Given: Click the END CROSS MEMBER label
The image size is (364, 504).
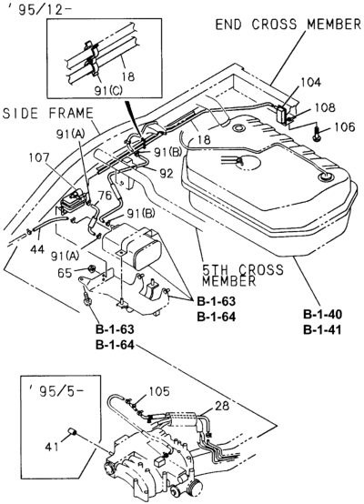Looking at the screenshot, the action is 288,25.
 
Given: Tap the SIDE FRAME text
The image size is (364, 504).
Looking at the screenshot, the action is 48,114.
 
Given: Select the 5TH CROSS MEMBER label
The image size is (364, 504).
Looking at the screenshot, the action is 243,275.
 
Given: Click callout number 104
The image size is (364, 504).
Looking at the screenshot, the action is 310,82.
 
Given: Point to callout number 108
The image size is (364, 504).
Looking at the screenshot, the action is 325,107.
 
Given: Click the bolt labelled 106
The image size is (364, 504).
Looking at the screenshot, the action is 317,133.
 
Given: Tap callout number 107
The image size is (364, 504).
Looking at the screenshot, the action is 39,157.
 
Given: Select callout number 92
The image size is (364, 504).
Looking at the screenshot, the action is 167,173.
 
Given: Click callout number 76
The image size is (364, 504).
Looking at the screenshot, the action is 106,195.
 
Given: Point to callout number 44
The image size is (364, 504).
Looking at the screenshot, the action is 37,249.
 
